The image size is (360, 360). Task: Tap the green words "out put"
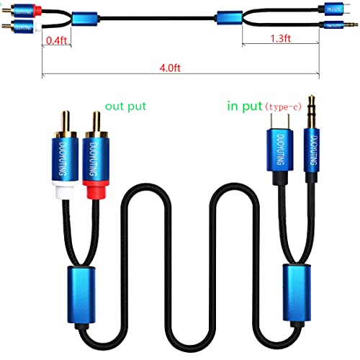pos(126,107)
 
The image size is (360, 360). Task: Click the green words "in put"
pos(245,107)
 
